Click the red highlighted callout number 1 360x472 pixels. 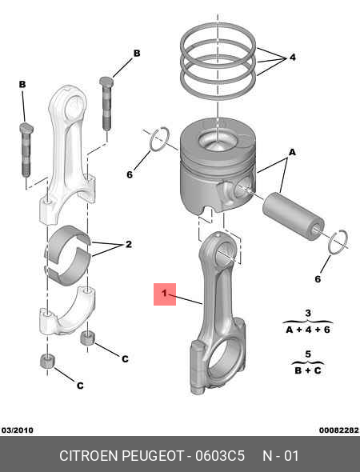164,293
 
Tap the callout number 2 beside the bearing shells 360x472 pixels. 129,244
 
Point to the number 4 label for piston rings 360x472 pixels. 293,57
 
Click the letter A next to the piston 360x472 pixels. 292,152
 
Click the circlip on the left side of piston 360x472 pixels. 159,139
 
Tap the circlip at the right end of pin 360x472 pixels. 338,242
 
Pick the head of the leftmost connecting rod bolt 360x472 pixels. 26,128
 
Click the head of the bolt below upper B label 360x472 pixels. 106,81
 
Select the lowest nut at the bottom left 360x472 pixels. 47,361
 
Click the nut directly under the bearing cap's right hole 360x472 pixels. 87,338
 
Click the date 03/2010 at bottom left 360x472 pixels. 17,430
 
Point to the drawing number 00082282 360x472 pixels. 339,430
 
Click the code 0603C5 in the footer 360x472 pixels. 220,455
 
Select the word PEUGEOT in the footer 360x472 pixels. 153,455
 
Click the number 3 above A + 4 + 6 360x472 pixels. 308,314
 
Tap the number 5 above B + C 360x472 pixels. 308,354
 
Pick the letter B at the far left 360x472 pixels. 22,84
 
